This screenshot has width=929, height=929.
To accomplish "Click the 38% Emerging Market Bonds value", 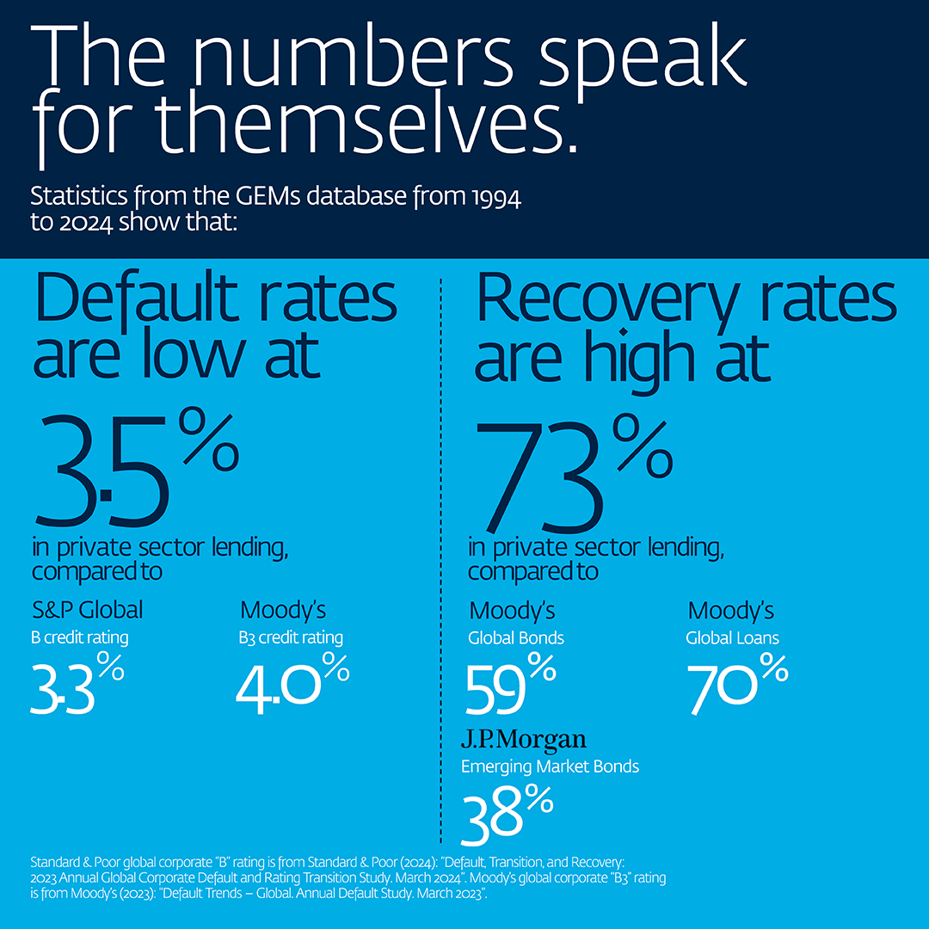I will pos(507,815).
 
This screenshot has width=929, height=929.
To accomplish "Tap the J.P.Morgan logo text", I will pos(523,739).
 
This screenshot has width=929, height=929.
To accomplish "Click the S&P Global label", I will pos(87,610).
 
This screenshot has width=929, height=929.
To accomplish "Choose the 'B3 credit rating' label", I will pos(291,637).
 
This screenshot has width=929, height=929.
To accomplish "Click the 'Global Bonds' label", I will pos(516,638).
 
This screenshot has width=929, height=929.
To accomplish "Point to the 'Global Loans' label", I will pos(732,638).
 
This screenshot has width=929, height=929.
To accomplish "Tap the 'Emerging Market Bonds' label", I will pos(551,766).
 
